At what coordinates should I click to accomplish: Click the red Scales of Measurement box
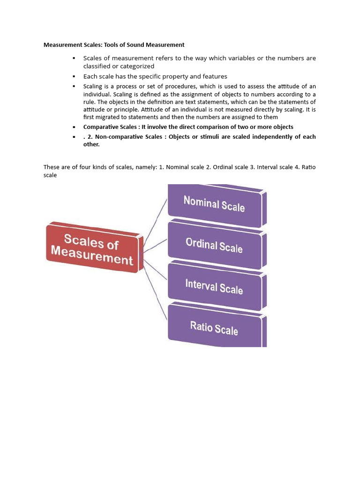(92, 247)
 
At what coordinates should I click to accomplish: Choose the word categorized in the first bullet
(134, 66)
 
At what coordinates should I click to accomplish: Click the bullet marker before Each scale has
(74, 76)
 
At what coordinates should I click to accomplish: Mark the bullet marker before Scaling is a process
(74, 86)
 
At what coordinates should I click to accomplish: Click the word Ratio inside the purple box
(201, 325)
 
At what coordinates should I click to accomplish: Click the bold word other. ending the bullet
(91, 144)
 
